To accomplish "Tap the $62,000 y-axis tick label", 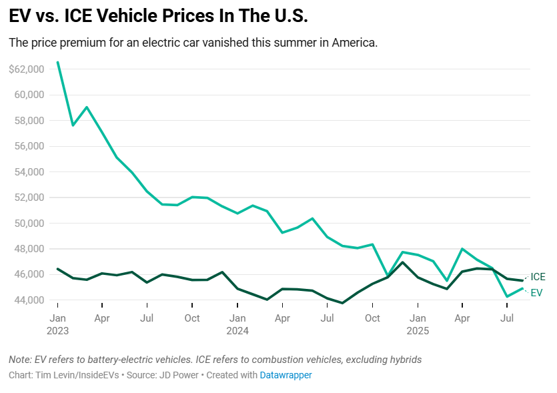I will point(27,69).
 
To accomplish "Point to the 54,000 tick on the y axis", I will point(29,171).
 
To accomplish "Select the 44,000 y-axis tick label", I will point(29,300).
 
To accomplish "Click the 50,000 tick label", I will point(29,223).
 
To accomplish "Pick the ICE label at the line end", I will point(538,277).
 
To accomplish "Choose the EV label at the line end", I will point(536,292).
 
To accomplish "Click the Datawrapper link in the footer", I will point(286,375).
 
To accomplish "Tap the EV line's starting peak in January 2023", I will point(57,62).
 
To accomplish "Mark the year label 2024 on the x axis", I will point(237,330).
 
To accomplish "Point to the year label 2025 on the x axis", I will point(418,330).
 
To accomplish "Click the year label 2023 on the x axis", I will point(57,330).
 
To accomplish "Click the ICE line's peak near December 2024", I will point(402,262).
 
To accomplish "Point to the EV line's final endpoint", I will point(522,288).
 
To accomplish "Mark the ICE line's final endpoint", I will point(522,280).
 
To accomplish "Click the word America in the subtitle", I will point(352,43).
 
